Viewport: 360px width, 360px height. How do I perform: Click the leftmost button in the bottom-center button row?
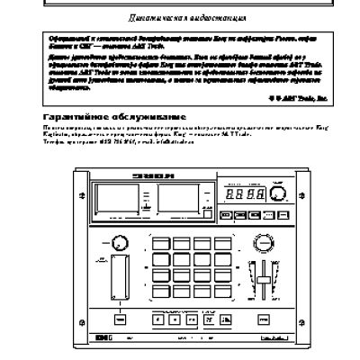click(159, 321)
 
